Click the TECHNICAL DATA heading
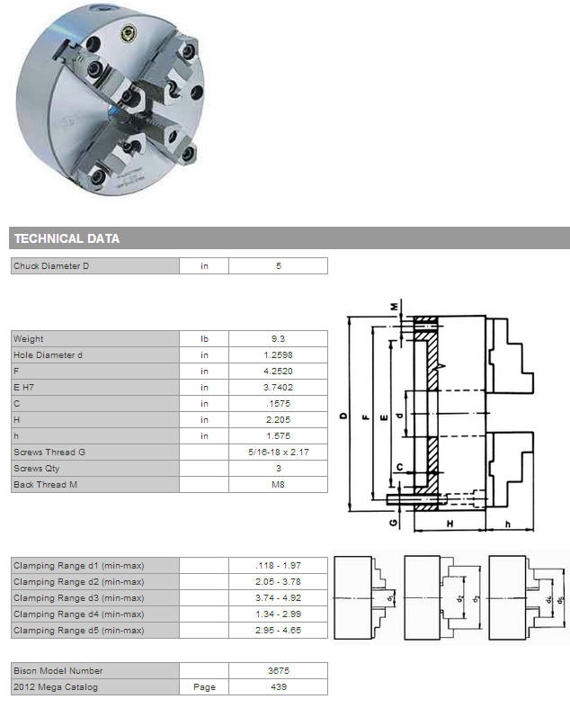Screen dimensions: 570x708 pos(67,238)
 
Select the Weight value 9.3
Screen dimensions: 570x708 pos(279,339)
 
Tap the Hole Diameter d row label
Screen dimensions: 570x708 pos(48,355)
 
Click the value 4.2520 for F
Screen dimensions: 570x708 pos(279,372)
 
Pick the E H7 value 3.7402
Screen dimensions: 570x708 pos(279,388)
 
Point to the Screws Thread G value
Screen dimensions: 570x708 pos(279,452)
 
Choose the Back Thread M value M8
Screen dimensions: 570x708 pos(279,485)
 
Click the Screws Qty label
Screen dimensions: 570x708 pos(37,469)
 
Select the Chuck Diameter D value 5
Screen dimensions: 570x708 pos(279,266)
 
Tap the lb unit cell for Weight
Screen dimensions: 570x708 pos(204,339)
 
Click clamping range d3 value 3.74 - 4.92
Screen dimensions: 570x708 pos(279,598)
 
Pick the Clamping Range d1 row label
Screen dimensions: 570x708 pos(79,566)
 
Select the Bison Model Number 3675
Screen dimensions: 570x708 pos(279,671)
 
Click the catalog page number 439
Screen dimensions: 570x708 pos(279,687)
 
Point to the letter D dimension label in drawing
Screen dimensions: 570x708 pos(344,416)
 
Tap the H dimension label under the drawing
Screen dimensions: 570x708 pos(450,524)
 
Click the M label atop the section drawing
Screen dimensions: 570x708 pos(395,307)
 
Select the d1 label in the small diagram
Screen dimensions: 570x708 pos(391,598)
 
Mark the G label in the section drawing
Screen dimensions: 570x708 pos(394,523)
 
